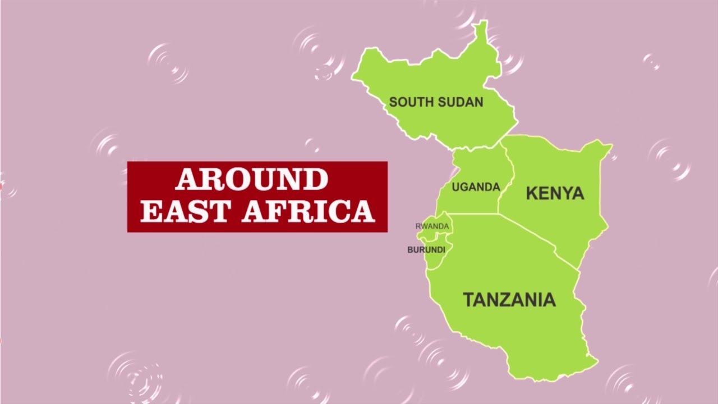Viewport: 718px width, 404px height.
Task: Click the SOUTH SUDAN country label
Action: coord(436,102)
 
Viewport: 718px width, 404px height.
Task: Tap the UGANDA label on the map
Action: coord(476,187)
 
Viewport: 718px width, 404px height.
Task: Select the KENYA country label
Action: coord(555,194)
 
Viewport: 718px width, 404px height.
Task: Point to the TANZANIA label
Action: coord(509,300)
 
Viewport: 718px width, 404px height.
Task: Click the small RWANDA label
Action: coord(432,226)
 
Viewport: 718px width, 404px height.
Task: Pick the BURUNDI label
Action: coord(426,250)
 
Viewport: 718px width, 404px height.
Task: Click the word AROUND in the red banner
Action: coord(251,180)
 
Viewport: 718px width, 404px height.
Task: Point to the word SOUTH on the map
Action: coord(410,102)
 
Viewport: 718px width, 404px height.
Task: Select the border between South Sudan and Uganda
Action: coord(477,147)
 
